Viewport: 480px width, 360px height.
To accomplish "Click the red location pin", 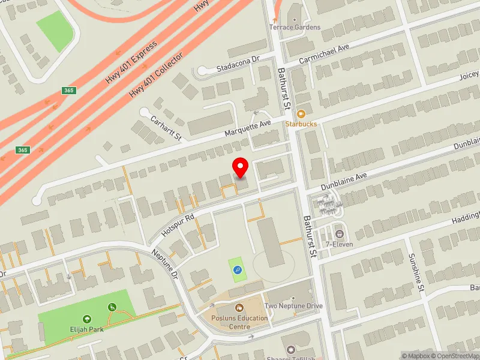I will coord(241,167).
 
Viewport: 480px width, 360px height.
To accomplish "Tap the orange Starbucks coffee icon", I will coord(301,114).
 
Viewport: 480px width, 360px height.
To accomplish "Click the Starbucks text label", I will coord(301,124).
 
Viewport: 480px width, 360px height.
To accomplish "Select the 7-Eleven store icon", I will coord(340,233).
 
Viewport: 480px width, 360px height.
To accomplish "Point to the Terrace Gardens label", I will coord(295,28).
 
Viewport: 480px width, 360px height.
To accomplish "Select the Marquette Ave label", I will coord(248,127).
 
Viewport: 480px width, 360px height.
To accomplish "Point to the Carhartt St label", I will coord(166,128).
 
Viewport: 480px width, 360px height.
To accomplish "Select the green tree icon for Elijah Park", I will coord(88,319).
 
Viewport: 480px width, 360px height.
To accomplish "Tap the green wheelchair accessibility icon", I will coord(112,307).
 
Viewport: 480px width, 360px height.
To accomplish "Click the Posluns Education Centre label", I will coord(240,322).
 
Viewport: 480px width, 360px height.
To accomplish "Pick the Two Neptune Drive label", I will coord(293,306).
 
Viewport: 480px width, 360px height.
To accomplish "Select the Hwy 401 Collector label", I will coord(156,74).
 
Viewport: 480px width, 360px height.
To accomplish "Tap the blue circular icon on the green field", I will coord(238,271).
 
